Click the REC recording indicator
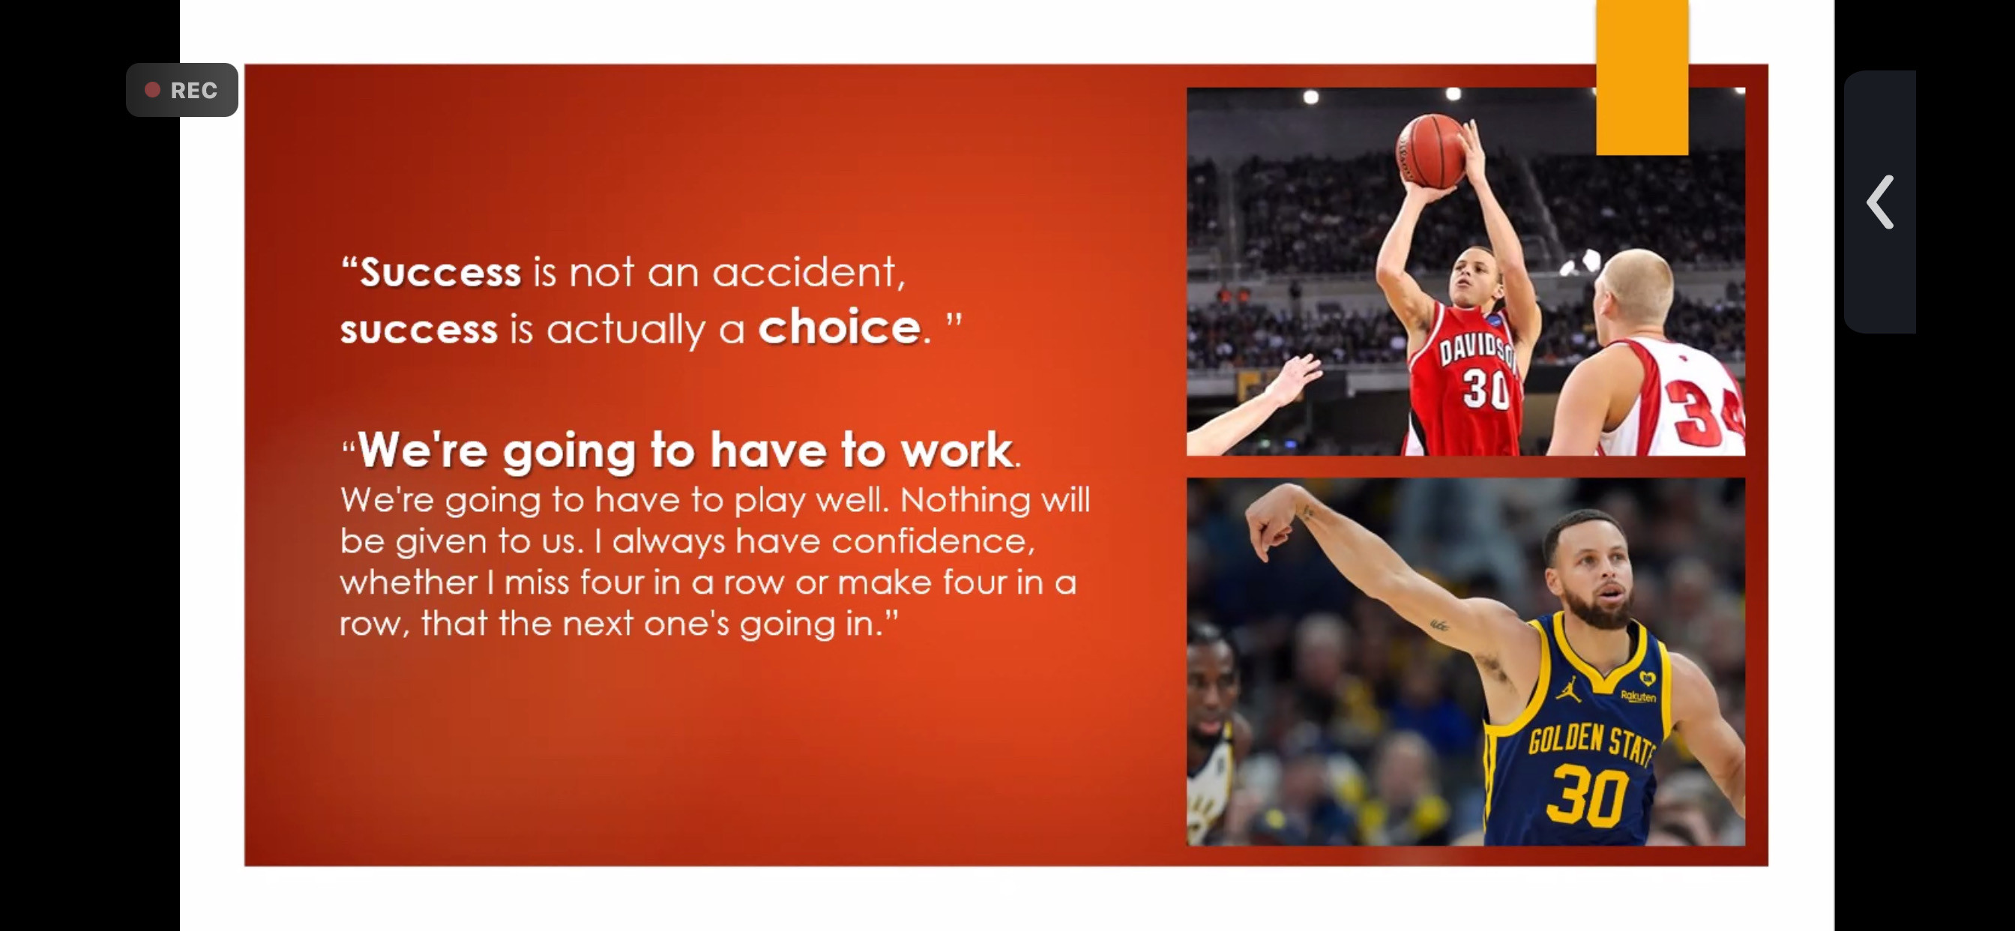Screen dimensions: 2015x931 click(181, 90)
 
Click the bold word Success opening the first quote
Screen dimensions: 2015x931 click(440, 272)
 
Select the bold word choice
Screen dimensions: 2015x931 click(840, 326)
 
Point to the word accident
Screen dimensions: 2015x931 click(808, 272)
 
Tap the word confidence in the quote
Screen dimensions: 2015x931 click(933, 541)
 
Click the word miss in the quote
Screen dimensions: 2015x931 click(536, 582)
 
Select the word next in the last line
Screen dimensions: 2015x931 click(597, 624)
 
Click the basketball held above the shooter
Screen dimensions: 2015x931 click(1432, 151)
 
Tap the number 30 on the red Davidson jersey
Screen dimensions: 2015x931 click(1487, 388)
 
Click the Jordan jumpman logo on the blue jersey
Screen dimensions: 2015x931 click(1565, 688)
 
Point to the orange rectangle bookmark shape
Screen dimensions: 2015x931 click(1642, 77)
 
